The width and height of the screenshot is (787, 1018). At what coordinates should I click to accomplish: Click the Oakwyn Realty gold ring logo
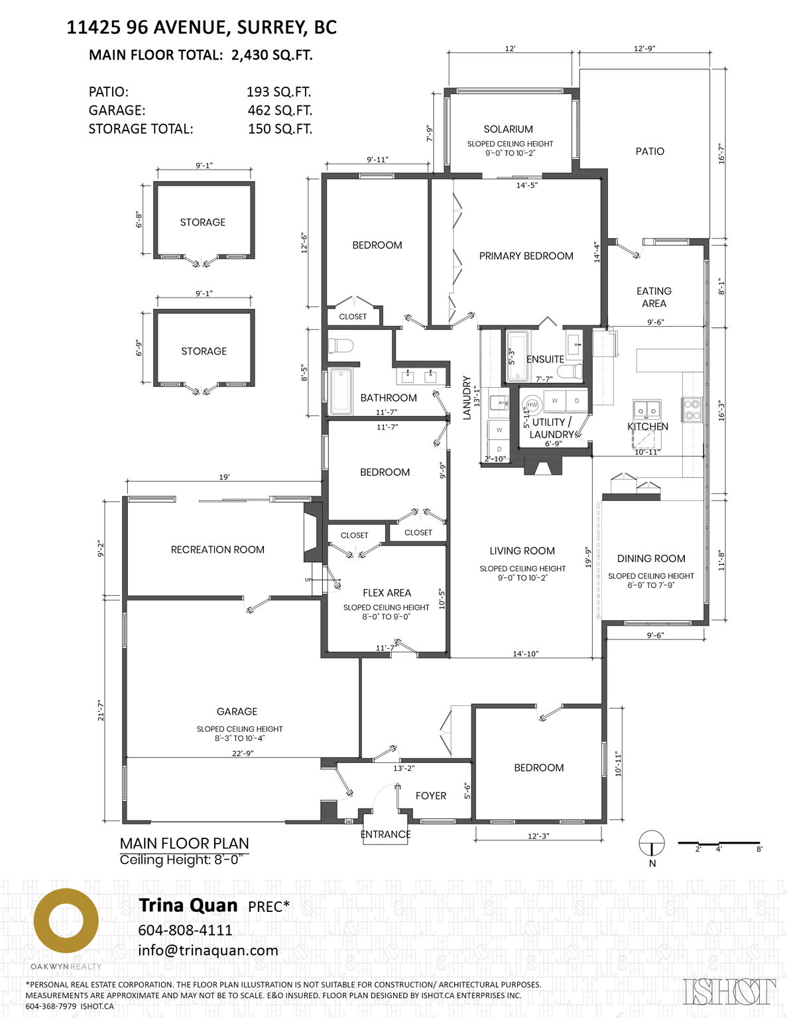pyautogui.click(x=66, y=921)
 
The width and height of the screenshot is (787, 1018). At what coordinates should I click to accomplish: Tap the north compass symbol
pyautogui.click(x=652, y=843)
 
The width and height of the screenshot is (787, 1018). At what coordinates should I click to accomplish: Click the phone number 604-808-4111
pyautogui.click(x=185, y=930)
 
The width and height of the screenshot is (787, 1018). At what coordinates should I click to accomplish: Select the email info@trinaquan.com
pyautogui.click(x=208, y=950)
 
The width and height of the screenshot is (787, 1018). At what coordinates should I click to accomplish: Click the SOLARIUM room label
pyautogui.click(x=508, y=129)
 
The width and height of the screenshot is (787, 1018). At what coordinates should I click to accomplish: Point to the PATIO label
pyautogui.click(x=649, y=151)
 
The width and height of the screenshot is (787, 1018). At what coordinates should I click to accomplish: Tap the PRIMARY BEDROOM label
pyautogui.click(x=526, y=256)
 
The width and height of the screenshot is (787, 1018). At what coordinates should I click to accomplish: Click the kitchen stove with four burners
pyautogui.click(x=692, y=409)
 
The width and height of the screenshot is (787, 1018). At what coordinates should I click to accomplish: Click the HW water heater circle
pyautogui.click(x=532, y=405)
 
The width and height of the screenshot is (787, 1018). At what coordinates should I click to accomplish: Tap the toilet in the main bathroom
pyautogui.click(x=341, y=346)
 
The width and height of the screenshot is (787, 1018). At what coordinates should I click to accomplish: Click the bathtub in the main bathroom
pyautogui.click(x=341, y=391)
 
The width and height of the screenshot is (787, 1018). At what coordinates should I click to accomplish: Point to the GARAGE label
pyautogui.click(x=237, y=711)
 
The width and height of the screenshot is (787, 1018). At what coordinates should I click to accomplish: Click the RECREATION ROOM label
pyautogui.click(x=217, y=549)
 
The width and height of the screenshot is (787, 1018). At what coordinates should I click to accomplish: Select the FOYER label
pyautogui.click(x=430, y=795)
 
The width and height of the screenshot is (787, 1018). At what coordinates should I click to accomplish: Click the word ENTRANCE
pyautogui.click(x=385, y=834)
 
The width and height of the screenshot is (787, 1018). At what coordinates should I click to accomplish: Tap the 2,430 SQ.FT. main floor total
pyautogui.click(x=272, y=55)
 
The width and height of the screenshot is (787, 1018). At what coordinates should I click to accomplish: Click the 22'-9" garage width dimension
pyautogui.click(x=243, y=753)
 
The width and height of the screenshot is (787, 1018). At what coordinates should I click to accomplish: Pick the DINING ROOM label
pyautogui.click(x=650, y=559)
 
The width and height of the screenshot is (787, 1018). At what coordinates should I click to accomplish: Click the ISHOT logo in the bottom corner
pyautogui.click(x=729, y=991)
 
